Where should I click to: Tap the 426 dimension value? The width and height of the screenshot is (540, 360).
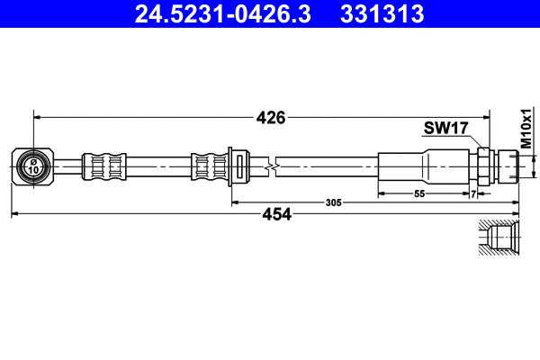[271, 117]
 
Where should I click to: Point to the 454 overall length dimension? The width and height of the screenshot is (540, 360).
[276, 214]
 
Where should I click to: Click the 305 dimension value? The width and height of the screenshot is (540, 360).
[333, 204]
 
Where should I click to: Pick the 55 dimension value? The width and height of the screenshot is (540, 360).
[419, 194]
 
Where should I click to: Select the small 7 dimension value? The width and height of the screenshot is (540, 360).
[473, 194]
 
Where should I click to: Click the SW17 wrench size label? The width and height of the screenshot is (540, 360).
[445, 129]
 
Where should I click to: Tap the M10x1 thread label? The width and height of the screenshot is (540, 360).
[526, 130]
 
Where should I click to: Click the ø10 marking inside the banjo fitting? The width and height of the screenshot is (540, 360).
[33, 166]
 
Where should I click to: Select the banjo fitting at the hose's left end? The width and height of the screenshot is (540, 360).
[34, 166]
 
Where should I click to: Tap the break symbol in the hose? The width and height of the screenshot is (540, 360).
[271, 166]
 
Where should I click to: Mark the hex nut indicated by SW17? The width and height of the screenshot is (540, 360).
[483, 166]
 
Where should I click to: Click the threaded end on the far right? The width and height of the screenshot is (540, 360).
[509, 166]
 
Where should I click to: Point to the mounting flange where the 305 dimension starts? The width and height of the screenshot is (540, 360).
[235, 166]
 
